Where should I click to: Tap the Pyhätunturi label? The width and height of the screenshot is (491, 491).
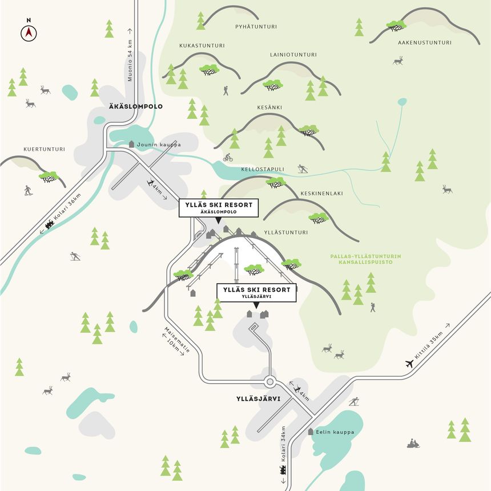point(252,26)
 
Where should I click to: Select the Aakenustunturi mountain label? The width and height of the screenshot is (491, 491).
point(424,42)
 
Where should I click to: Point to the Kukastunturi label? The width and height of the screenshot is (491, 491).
point(202,46)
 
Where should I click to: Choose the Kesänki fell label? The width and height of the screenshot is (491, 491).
point(270,107)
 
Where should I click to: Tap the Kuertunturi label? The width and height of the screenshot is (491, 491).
point(44,149)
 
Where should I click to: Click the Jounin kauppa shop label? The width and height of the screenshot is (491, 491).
point(158,144)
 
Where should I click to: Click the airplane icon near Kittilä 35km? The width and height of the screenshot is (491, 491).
point(409,363)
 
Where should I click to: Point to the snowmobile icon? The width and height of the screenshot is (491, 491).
point(413,443)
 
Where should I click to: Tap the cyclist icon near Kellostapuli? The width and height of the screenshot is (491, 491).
point(228,157)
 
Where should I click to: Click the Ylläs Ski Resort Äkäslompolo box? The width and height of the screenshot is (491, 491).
point(218,207)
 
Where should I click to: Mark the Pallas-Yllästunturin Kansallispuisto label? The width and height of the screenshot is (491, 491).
point(365,259)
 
